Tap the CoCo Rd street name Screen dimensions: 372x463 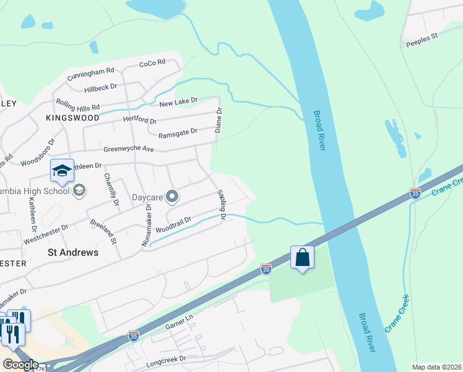(x=152, y=63)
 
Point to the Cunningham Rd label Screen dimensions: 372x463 (x=91, y=74)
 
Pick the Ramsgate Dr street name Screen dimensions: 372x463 (x=178, y=131)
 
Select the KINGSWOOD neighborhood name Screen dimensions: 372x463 (x=72, y=117)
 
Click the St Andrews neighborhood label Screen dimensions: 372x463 (x=73, y=252)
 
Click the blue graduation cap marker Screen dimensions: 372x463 (x=62, y=171)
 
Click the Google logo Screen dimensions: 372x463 (x=20, y=365)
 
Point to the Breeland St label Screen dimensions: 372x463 (x=102, y=231)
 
